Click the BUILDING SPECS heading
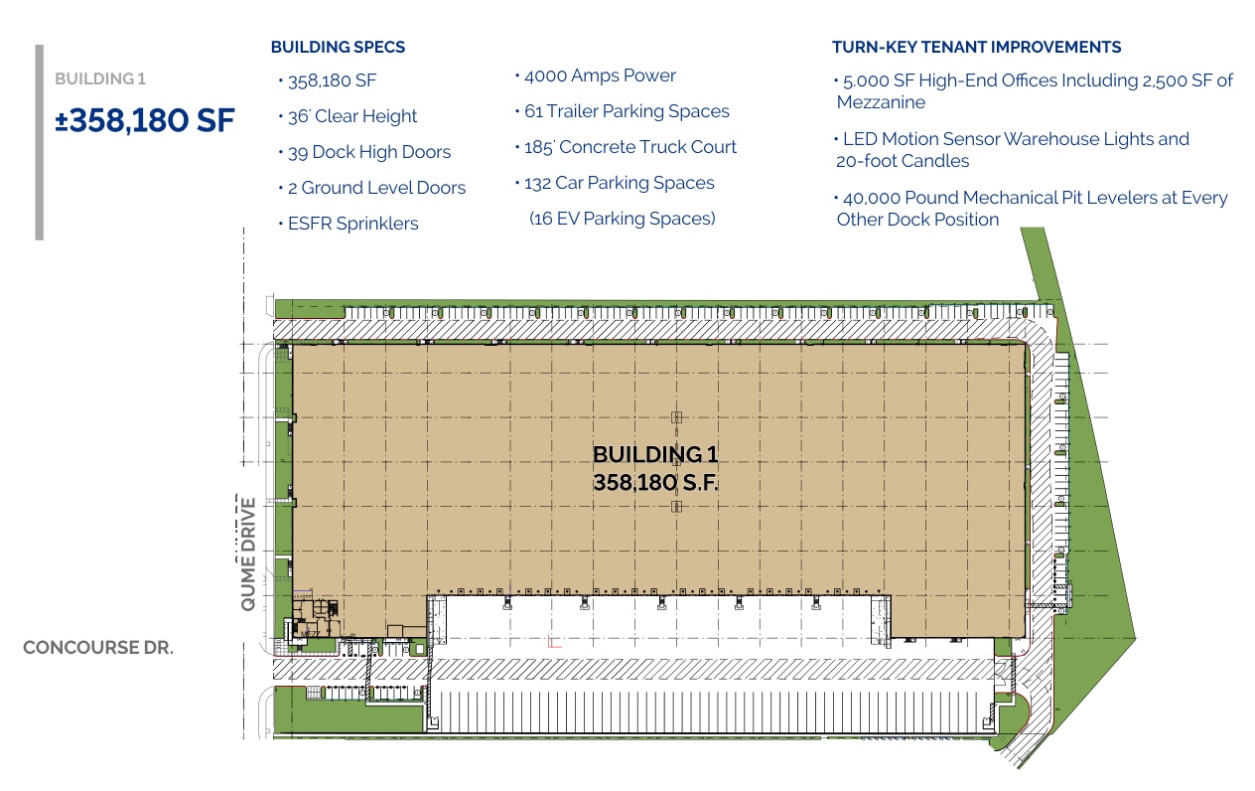338,47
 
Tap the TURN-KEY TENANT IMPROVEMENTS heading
977,47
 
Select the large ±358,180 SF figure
145,120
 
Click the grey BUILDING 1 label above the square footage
100,79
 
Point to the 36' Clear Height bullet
352,116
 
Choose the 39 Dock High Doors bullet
369,152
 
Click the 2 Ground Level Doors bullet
376,188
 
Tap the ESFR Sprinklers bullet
353,224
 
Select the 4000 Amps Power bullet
600,76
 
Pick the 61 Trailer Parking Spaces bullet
627,111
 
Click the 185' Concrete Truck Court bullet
630,147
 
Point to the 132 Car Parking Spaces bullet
620,183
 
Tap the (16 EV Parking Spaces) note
622,219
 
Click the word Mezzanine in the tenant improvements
881,102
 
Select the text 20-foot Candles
903,161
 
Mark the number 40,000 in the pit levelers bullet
871,199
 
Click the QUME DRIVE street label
247,554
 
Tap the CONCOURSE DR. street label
98,648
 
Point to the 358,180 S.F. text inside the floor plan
655,483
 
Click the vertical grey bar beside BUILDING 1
40,142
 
